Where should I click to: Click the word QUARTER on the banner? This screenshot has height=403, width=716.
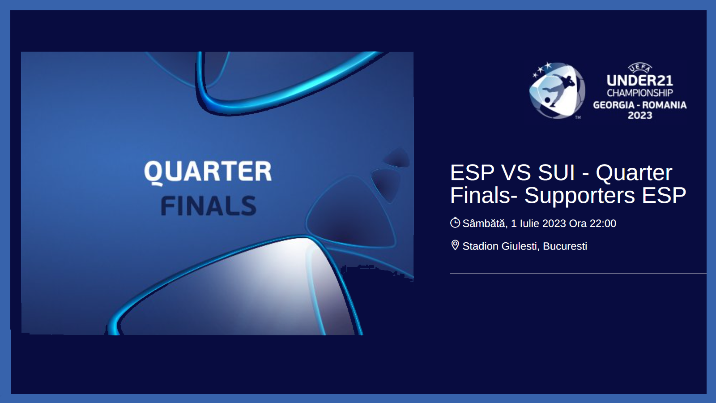point(208,172)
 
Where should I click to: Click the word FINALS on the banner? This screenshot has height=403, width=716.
point(209,206)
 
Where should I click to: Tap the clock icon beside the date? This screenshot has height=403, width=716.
point(455,223)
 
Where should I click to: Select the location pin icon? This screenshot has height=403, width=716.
point(455,246)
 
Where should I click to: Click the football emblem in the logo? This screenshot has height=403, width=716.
point(557,90)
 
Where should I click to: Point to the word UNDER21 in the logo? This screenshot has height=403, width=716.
point(639,81)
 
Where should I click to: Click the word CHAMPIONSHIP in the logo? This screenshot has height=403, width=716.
point(639,93)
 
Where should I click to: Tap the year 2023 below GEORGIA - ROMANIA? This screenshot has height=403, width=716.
point(639,116)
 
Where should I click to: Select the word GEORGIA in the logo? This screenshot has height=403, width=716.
point(614,105)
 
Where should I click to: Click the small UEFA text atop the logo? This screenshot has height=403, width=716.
point(640,68)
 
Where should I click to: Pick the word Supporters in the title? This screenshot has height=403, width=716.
point(580,195)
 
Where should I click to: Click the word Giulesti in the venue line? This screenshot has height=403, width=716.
point(520,246)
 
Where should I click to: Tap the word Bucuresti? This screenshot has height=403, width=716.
point(565,246)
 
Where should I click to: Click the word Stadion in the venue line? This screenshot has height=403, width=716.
point(481,246)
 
